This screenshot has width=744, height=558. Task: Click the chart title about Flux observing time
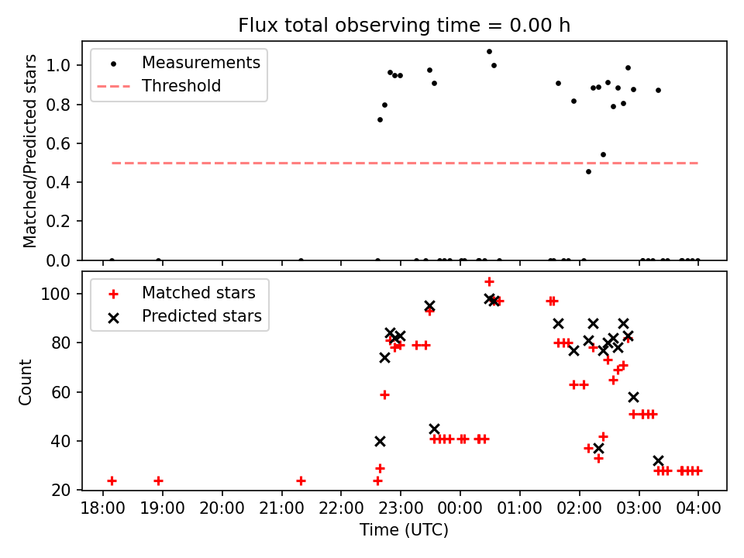click(404, 26)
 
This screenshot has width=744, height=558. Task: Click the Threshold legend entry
click(181, 86)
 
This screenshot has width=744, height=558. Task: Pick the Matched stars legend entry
click(198, 293)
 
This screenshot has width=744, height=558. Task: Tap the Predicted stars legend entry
click(201, 316)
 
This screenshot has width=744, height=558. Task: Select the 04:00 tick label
click(697, 510)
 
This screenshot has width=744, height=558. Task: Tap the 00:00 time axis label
click(460, 510)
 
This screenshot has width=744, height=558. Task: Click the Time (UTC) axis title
click(404, 531)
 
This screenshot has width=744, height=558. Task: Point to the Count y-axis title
click(26, 381)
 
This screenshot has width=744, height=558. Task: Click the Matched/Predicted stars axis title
click(30, 150)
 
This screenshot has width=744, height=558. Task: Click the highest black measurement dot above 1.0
click(489, 51)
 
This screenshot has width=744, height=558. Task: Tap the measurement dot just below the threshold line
click(588, 171)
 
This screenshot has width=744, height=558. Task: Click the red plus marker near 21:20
click(301, 480)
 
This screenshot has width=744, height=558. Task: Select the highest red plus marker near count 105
click(489, 281)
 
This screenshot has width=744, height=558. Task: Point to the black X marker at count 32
click(658, 460)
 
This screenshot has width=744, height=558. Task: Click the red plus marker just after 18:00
click(112, 480)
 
